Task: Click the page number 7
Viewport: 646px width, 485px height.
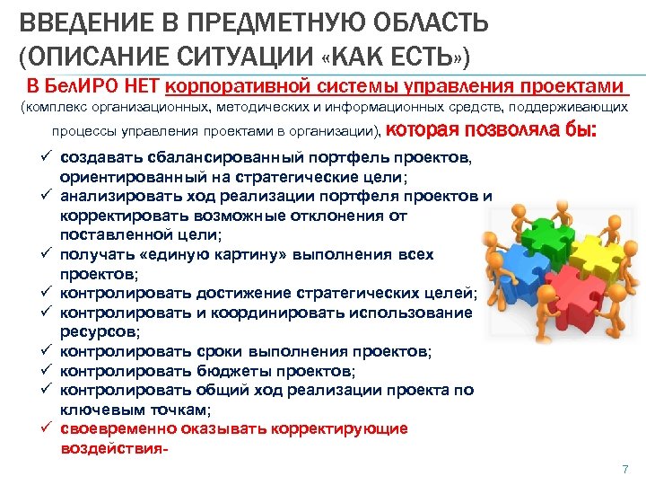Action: click(x=625, y=470)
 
